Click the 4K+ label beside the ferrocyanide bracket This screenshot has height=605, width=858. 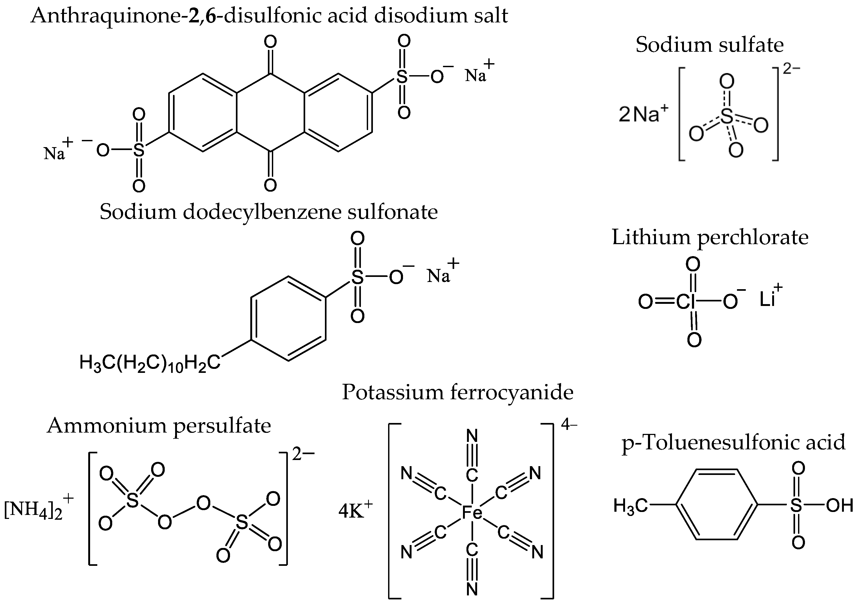click(x=355, y=510)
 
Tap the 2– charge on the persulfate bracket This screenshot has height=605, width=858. click(x=303, y=454)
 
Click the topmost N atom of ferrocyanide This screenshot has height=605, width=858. click(x=472, y=436)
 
